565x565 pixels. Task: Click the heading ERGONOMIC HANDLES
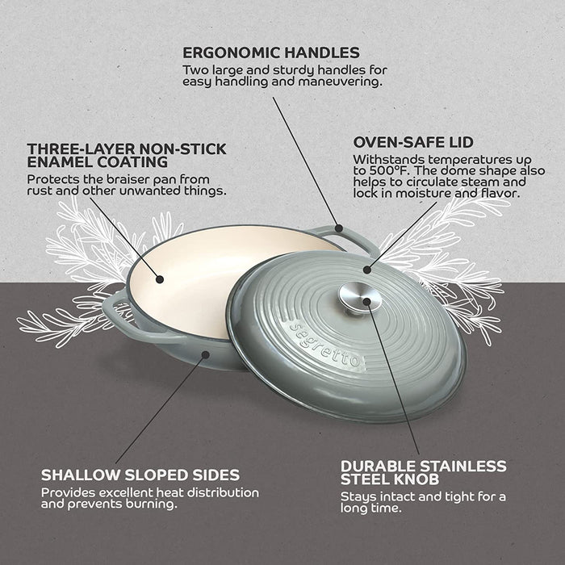[x=271, y=52]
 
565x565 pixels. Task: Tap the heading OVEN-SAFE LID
[x=413, y=142]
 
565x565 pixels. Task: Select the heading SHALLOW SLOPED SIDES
[x=140, y=475]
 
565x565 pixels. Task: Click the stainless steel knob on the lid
[x=360, y=298]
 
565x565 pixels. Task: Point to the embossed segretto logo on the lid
[x=324, y=345]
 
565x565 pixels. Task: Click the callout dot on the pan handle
[x=339, y=228]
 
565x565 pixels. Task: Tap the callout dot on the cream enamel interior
[x=160, y=279]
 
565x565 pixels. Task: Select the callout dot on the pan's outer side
[x=205, y=354]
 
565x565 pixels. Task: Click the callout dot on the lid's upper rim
[x=366, y=270]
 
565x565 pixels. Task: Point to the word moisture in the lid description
[x=421, y=194]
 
